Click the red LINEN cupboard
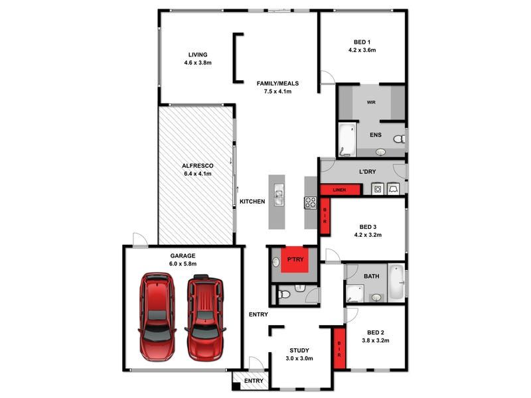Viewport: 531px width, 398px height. [x=340, y=190]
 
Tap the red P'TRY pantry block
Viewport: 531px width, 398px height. [x=294, y=259]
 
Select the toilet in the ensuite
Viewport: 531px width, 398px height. [x=400, y=139]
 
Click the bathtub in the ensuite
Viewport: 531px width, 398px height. [x=347, y=139]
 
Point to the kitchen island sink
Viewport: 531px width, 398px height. [x=279, y=194]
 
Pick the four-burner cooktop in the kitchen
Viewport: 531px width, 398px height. [x=310, y=202]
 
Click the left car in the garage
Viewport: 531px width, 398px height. [x=157, y=317]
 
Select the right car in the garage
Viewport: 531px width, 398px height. [x=205, y=318]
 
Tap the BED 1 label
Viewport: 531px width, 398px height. [x=362, y=42]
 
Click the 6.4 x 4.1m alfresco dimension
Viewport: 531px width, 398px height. [x=198, y=174]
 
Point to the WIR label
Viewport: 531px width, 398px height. [x=371, y=102]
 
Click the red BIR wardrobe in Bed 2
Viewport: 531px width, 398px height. [x=339, y=348]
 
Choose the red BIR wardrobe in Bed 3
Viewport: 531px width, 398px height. [x=325, y=216]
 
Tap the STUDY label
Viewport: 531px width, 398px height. [x=299, y=350]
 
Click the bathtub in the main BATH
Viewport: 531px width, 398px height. [x=396, y=283]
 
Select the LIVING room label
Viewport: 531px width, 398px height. [x=198, y=55]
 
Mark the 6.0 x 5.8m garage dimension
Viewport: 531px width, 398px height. [x=183, y=263]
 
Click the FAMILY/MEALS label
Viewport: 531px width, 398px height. [x=277, y=84]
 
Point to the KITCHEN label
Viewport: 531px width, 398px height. [x=252, y=202]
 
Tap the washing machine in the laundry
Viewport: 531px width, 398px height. [x=377, y=189]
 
